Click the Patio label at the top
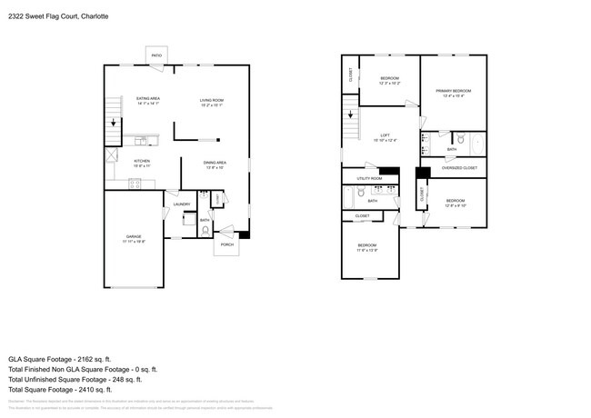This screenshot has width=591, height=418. click(x=157, y=55)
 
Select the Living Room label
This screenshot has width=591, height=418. click(x=212, y=101)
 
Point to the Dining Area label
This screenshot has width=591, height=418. click(x=215, y=164)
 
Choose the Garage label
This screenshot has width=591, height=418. click(x=133, y=238)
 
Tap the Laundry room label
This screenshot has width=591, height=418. click(x=182, y=204)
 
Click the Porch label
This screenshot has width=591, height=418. click(x=226, y=244)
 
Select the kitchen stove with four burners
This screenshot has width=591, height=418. click(x=135, y=184)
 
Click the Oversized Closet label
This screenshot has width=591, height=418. click(x=459, y=168)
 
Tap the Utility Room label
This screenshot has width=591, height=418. click(x=369, y=178)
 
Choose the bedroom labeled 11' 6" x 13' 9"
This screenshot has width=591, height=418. click(x=367, y=247)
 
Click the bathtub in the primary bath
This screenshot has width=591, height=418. click(x=476, y=143)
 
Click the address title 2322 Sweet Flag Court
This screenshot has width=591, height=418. click(x=55, y=16)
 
